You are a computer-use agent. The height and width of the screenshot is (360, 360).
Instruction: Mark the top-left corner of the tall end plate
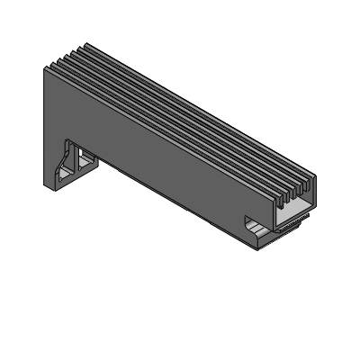click(44, 68)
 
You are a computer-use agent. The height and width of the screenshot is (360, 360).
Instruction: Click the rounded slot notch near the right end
click(249, 221)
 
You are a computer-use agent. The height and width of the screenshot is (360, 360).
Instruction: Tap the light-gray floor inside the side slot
click(260, 230)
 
